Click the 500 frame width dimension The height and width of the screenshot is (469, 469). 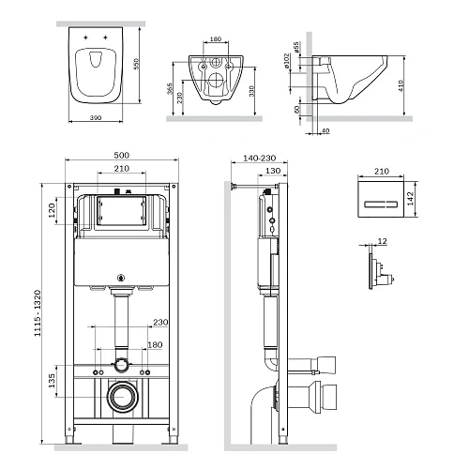[121, 155]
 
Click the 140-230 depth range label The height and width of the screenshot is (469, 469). [255, 159]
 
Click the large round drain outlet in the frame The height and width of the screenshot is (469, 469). [121, 397]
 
